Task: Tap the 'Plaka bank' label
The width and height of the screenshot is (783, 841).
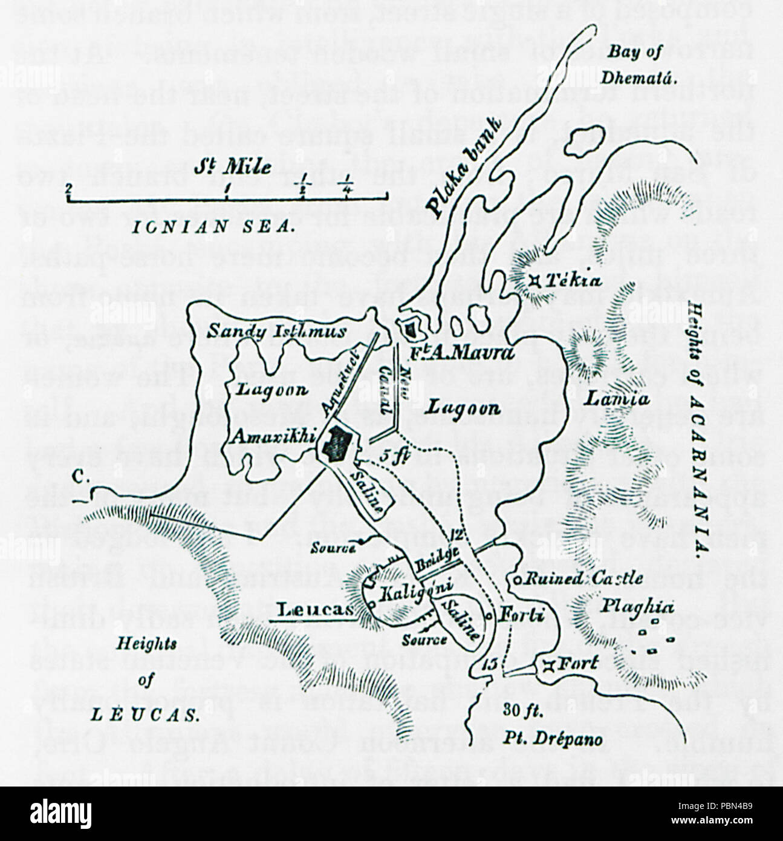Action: (464, 168)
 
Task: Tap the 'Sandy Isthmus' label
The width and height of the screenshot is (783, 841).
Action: (277, 331)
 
